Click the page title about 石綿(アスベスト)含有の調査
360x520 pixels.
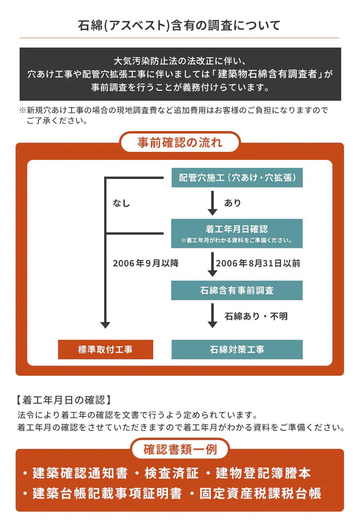(180, 26)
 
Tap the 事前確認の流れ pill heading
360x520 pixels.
(180, 143)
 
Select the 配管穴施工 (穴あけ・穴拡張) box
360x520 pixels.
(237, 178)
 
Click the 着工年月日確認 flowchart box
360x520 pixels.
(237, 233)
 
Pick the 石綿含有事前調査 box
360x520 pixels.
(237, 290)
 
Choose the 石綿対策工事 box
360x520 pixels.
(237, 349)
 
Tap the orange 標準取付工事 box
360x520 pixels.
(106, 349)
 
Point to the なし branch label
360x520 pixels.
(121, 203)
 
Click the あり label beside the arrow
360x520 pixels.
(232, 203)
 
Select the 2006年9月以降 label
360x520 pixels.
(146, 263)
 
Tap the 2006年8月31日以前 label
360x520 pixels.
(258, 263)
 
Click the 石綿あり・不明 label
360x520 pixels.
(256, 316)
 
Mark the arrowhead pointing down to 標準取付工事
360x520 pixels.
(105, 325)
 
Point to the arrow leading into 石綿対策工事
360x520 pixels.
(213, 317)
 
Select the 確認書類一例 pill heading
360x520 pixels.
(180, 449)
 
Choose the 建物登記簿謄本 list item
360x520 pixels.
(263, 473)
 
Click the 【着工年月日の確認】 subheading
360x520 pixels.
(63, 400)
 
